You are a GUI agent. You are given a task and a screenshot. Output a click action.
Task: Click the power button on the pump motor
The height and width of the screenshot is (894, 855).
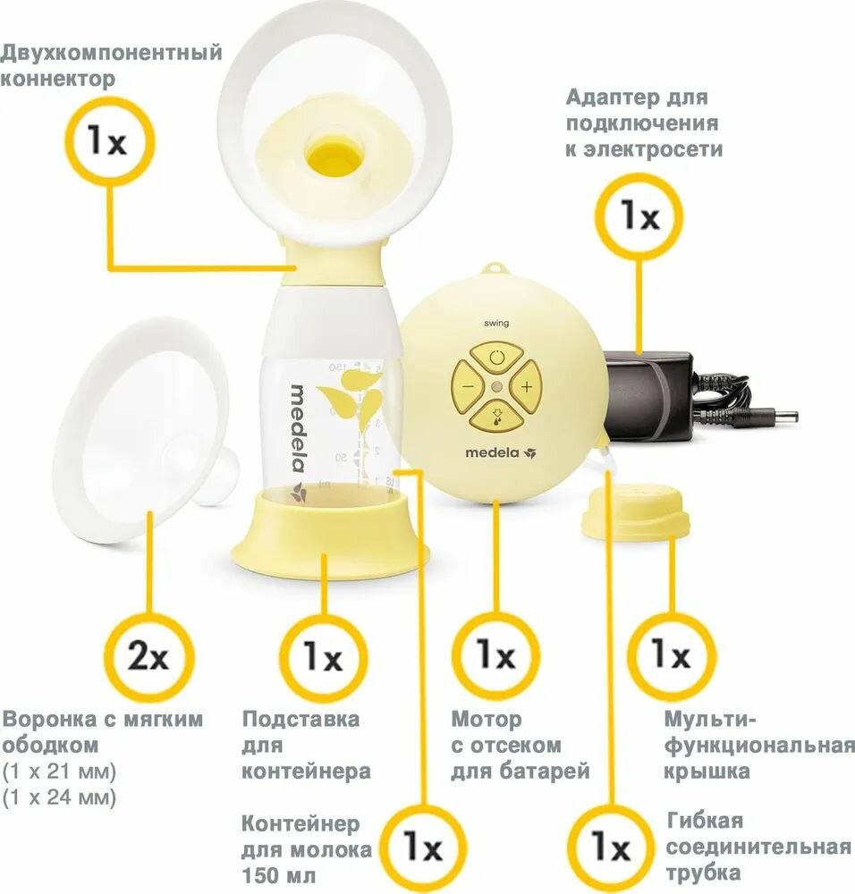tap(497, 358)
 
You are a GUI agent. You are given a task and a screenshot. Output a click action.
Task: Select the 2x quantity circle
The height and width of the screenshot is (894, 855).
tap(148, 656)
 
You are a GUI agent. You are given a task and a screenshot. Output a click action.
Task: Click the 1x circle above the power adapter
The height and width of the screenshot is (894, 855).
tap(639, 216)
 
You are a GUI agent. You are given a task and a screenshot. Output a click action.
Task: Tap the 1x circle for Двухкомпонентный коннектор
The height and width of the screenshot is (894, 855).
tap(108, 141)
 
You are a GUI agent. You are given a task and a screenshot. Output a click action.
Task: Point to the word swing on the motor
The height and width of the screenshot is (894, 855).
tap(496, 324)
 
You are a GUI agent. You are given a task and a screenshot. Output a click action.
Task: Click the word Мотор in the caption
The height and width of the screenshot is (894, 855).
tap(487, 720)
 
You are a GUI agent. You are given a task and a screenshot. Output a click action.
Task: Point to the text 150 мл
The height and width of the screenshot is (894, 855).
tap(278, 875)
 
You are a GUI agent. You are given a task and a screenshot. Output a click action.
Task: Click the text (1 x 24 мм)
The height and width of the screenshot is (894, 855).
tap(59, 797)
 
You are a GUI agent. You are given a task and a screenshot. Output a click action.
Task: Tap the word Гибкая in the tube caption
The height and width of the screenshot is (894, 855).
tap(705, 821)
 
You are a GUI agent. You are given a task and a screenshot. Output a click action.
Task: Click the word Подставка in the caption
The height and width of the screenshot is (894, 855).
tap(301, 720)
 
